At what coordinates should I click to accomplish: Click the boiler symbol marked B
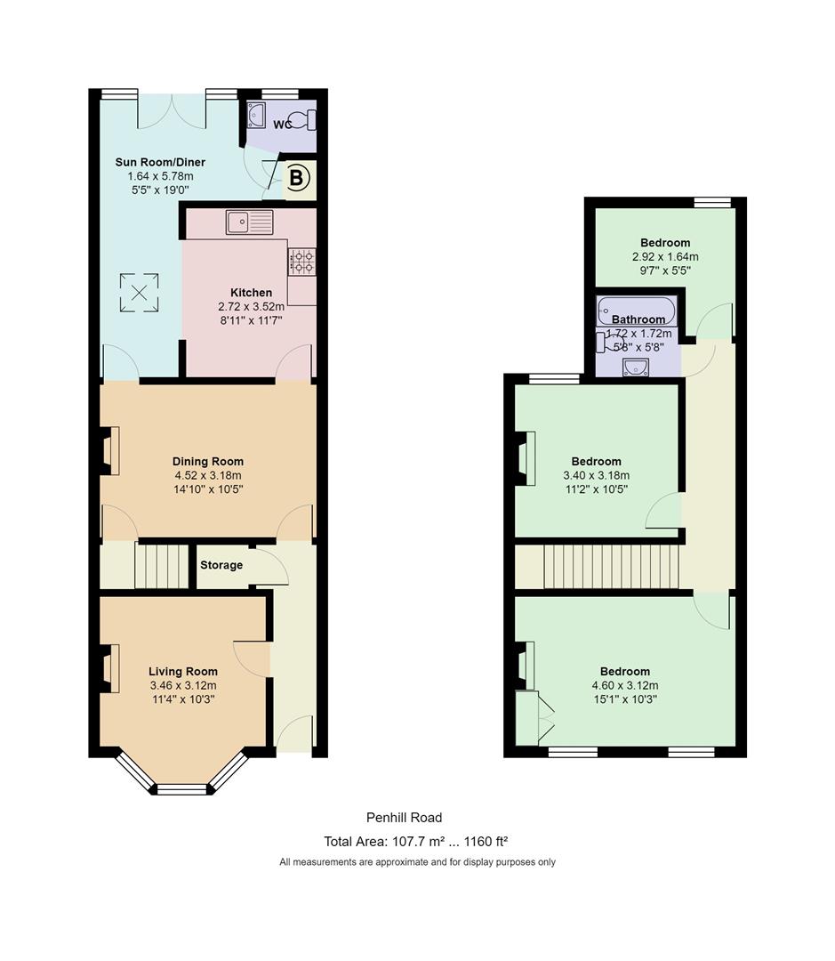[297, 178]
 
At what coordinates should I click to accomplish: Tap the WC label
[283, 125]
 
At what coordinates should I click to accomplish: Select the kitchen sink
[249, 222]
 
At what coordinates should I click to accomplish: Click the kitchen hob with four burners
[302, 262]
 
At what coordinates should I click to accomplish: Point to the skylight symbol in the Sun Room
[139, 293]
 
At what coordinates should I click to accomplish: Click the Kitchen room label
[251, 293]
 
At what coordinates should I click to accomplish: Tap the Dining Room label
[208, 462]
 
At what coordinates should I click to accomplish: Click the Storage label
[221, 565]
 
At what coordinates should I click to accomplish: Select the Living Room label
[182, 671]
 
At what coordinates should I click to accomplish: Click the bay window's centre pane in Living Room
[182, 790]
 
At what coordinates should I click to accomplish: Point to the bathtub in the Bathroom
[637, 311]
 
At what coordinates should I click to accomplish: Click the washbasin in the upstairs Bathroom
[636, 367]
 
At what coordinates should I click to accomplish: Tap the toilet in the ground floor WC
[303, 119]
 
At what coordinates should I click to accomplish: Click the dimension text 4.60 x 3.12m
[625, 685]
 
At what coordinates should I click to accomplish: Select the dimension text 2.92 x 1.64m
[665, 257]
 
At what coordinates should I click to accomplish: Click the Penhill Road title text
[405, 817]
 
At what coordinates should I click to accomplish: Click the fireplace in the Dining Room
[108, 451]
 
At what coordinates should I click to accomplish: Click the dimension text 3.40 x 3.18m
[596, 475]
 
